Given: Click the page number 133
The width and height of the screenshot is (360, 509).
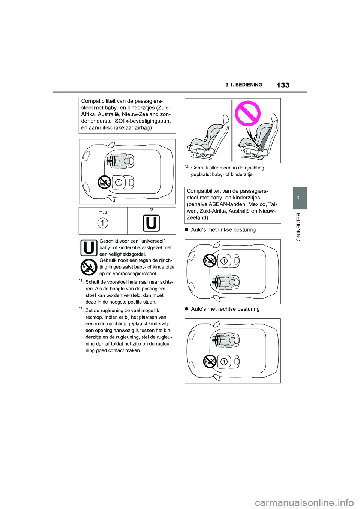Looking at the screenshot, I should [283, 85].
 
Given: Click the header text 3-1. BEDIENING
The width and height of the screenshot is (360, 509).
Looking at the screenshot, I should [244, 85].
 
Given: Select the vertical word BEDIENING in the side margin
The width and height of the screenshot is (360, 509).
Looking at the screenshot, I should [298, 227].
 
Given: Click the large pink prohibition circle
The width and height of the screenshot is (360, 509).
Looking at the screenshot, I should [247, 113].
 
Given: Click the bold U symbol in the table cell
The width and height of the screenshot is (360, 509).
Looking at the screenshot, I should [151, 223].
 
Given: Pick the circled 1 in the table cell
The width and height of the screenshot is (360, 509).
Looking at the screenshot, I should [103, 223].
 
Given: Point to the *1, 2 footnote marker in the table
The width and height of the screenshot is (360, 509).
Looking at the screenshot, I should [103, 213].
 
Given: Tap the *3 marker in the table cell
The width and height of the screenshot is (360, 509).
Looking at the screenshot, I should [151, 210].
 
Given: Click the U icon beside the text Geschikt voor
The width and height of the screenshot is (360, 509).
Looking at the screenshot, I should [89, 248].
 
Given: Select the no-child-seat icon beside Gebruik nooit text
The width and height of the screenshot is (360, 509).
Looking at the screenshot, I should [89, 267].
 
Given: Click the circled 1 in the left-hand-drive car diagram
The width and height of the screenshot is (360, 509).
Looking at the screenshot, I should [224, 261].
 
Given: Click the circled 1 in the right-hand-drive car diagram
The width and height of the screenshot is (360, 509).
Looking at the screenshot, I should [224, 362].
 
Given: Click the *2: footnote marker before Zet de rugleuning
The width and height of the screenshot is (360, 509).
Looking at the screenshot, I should [81, 310].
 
